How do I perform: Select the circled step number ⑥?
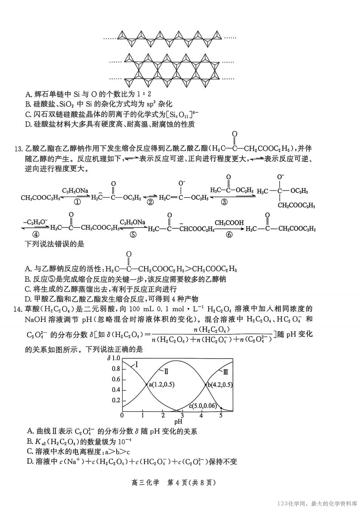229,234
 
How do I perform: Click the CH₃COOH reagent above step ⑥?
229,222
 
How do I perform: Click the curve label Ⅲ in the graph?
226,372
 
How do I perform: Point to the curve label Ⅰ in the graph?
136,364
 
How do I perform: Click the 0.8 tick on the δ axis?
116,369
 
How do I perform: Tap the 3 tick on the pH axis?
183,415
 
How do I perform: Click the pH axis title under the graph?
178,422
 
